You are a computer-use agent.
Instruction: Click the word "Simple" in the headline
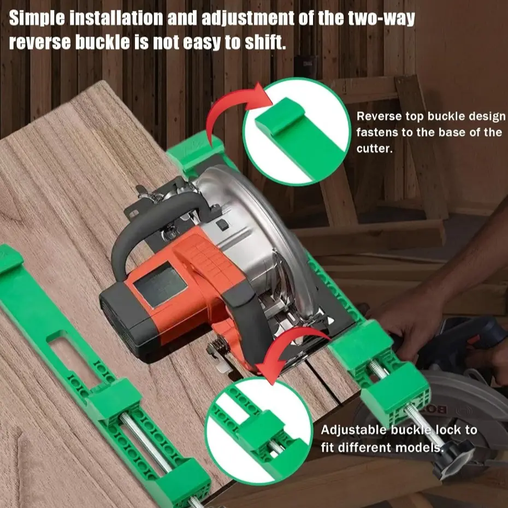[37, 19]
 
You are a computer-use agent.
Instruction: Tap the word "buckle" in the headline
[102, 42]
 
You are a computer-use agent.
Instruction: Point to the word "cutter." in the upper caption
[375, 149]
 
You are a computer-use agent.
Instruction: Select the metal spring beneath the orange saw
[218, 346]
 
